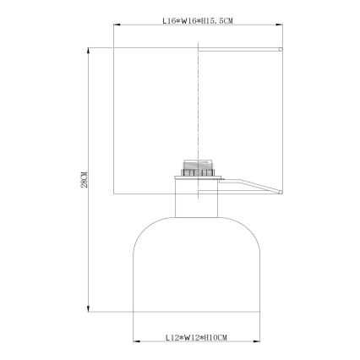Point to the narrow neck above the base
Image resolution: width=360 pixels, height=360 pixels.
(x=196, y=202)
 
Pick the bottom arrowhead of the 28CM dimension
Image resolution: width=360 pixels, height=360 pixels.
(x=90, y=309)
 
